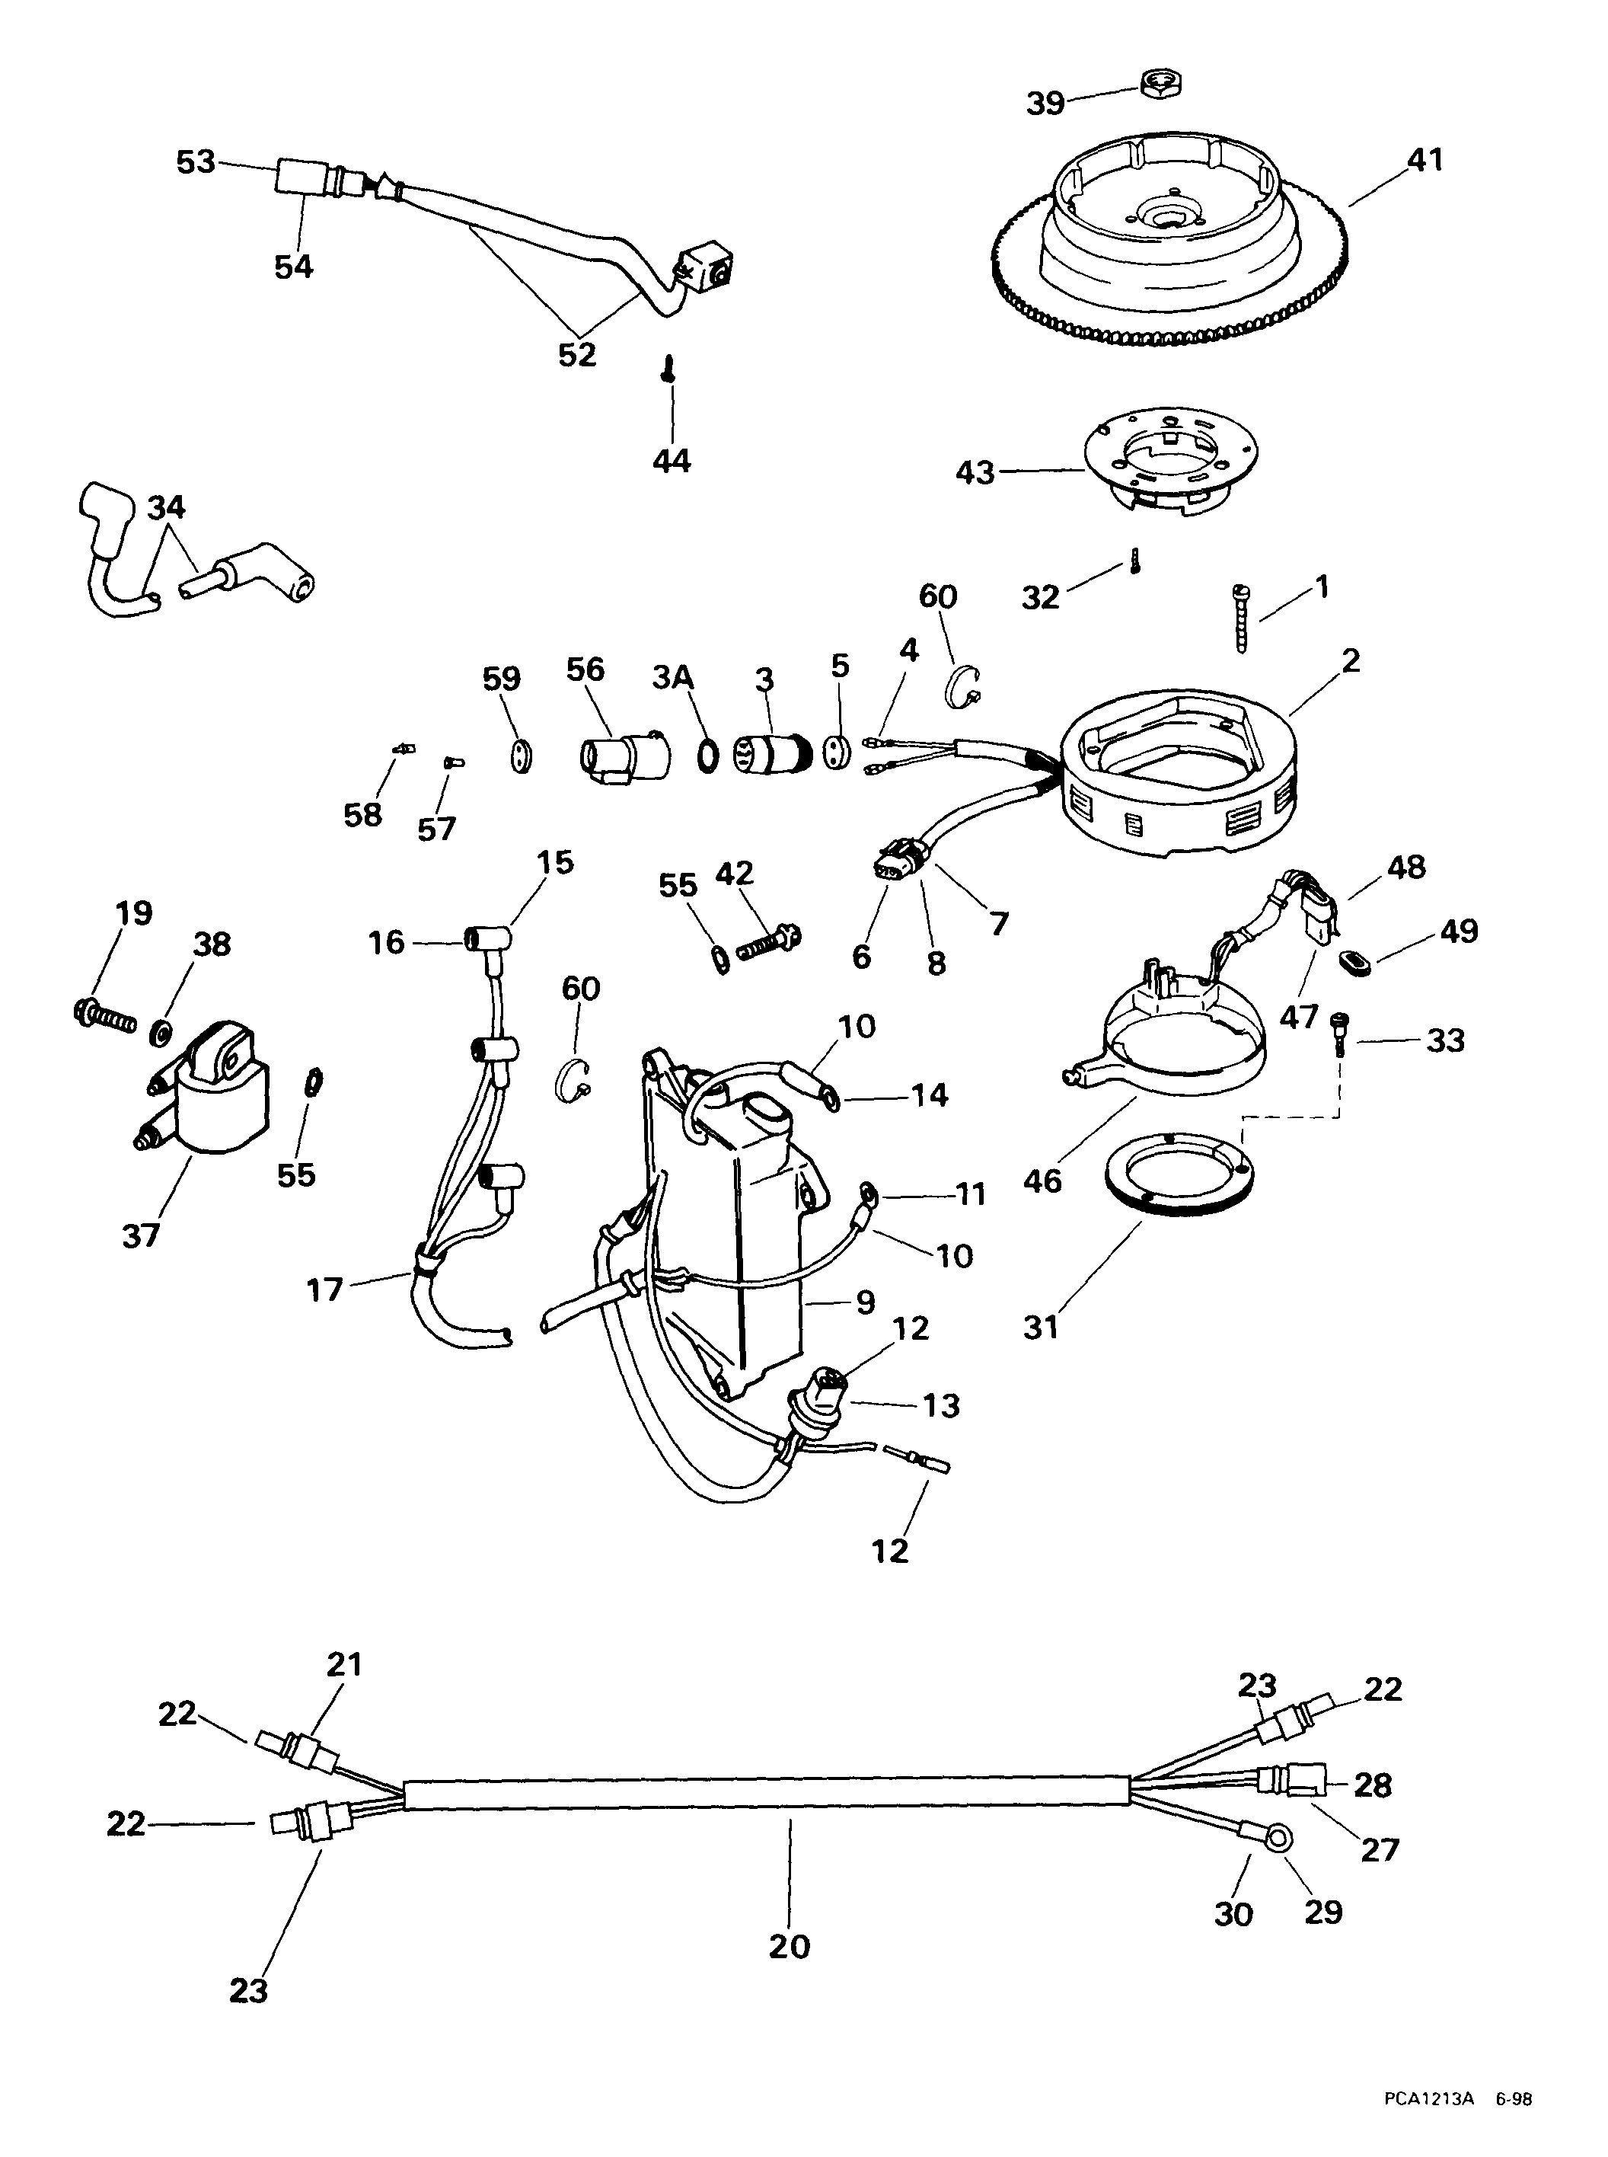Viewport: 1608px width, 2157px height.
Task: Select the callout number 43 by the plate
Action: tap(975, 472)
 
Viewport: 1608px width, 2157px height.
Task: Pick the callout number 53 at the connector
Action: tap(196, 161)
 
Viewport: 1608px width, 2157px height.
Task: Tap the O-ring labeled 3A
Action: tap(709, 754)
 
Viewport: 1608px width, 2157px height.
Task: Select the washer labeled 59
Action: tap(522, 755)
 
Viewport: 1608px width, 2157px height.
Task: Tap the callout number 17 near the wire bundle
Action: tap(325, 1289)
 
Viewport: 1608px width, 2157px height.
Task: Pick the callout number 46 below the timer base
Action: tap(1042, 1181)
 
